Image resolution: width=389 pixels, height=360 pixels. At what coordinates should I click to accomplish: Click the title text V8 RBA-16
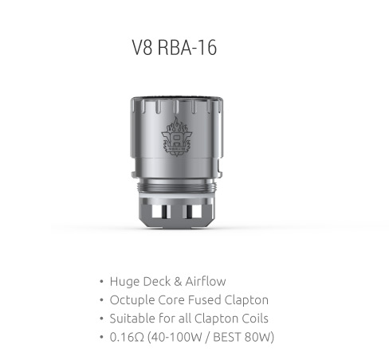175,48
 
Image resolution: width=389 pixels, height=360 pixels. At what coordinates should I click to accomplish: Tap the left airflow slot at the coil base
161,212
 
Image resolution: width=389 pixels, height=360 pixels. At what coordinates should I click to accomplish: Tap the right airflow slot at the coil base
191,212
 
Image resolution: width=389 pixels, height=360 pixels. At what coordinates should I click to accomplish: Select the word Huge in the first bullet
125,282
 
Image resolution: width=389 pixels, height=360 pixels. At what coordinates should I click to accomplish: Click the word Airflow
206,281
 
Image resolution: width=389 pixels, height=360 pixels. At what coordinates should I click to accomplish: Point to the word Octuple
132,300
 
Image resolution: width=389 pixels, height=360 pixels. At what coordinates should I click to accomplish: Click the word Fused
205,299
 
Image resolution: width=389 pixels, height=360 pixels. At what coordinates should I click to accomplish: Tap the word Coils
255,319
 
